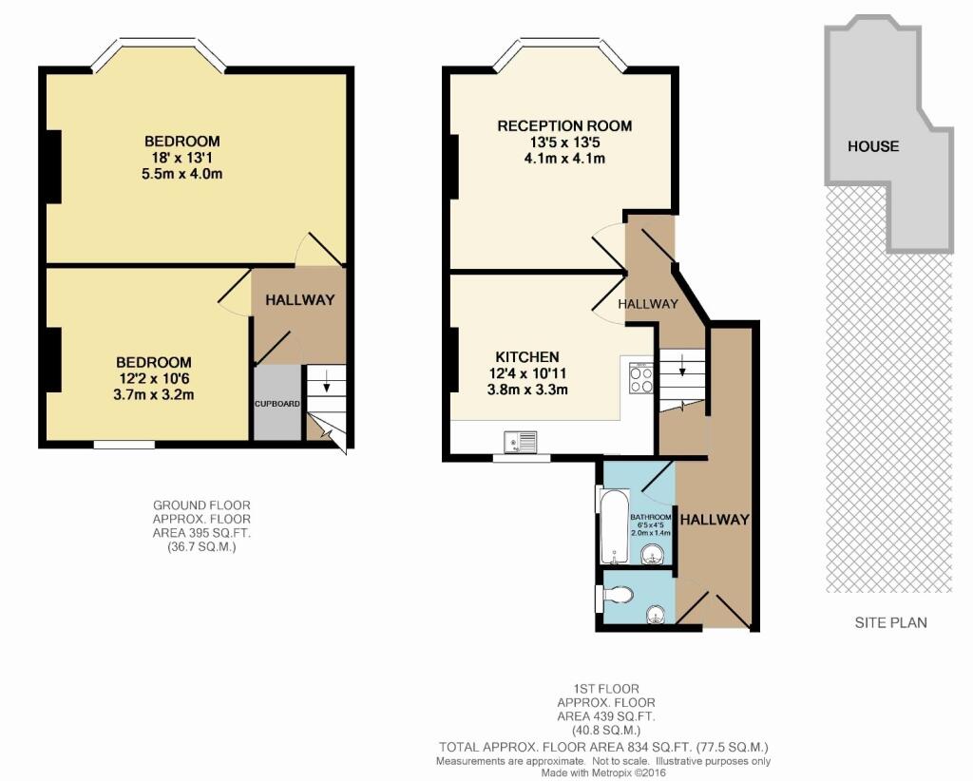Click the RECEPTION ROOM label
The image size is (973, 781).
tap(564, 125)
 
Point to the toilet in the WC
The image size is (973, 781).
tap(618, 596)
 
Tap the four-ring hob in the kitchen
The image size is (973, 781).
tap(639, 379)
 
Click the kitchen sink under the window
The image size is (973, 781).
tap(522, 442)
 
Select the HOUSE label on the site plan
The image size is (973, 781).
tap(873, 146)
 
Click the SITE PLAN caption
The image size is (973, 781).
tap(888, 622)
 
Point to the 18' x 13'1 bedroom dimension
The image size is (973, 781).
tap(184, 158)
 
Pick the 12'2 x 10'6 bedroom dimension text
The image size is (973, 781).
tap(154, 378)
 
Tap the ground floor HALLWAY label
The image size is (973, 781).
tap(300, 300)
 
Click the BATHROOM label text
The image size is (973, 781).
tap(651, 517)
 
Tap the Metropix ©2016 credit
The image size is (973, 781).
tap(602, 772)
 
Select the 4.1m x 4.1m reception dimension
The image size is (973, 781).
tap(564, 159)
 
